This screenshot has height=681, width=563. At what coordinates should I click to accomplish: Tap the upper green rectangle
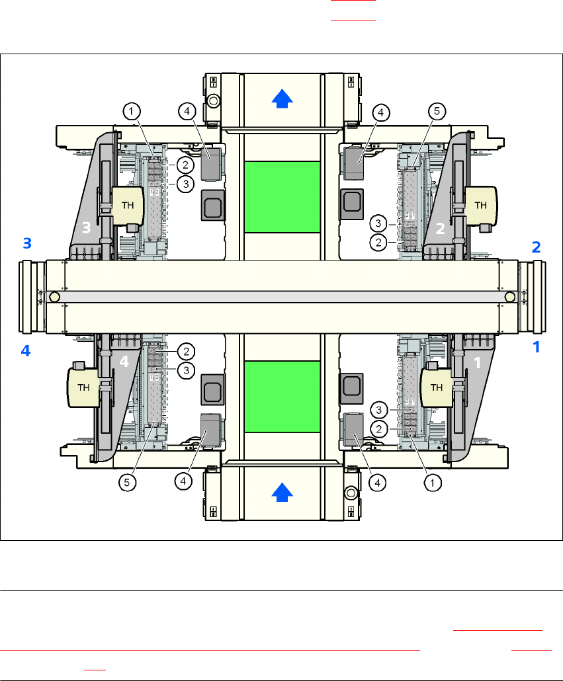[281, 196]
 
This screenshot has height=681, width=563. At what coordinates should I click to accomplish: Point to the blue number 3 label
[26, 243]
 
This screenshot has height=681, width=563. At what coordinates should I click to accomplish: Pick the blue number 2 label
[537, 247]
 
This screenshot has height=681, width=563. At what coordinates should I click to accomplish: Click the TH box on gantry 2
[481, 205]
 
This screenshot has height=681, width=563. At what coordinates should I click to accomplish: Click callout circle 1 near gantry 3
[133, 112]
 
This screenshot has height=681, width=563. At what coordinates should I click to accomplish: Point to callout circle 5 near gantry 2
[435, 112]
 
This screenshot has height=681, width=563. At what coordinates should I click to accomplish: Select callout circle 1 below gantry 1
[433, 483]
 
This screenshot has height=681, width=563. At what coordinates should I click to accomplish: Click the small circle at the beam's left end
[54, 298]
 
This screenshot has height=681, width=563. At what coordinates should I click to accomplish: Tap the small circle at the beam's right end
[509, 298]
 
